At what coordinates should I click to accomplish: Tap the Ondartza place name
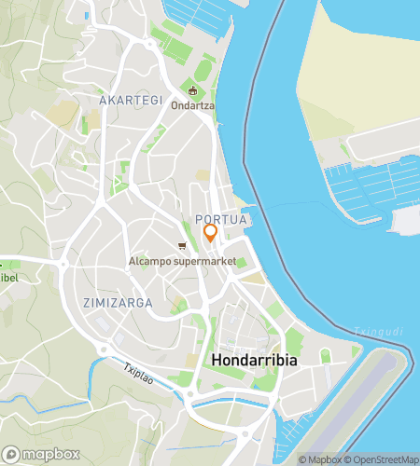192,105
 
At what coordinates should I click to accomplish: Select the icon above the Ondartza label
193,91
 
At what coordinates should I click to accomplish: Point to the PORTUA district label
221,219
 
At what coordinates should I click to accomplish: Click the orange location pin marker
210,233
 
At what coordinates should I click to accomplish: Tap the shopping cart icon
183,246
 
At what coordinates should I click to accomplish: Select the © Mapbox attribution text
319,459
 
